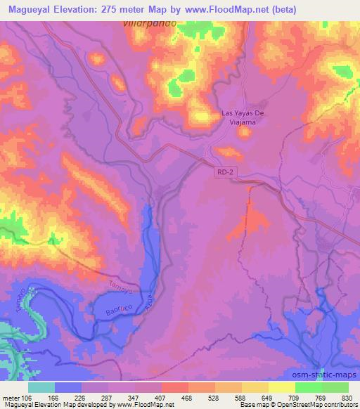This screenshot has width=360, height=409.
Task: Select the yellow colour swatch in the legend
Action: click(282, 387)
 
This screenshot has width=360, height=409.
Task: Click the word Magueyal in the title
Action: click(29, 9)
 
